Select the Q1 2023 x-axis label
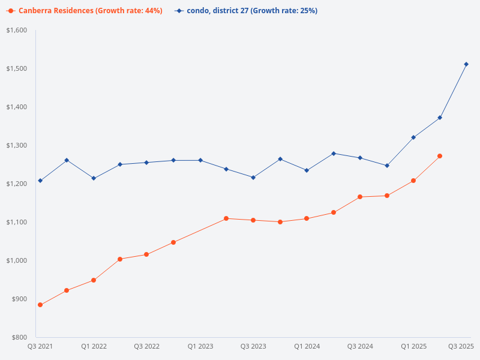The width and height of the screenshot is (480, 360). coord(200,346)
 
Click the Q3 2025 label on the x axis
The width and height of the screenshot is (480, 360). coord(461,346)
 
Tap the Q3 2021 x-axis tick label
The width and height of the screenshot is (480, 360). coord(40,346)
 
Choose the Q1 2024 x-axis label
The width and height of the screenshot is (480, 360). coord(307,346)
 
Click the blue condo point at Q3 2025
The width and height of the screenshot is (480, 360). coord(466,64)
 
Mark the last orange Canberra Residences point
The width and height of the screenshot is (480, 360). coord(440,156)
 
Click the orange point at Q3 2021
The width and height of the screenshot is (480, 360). coord(40,305)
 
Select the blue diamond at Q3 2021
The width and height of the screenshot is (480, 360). coord(40,181)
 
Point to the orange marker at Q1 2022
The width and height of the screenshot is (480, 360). coord(94,280)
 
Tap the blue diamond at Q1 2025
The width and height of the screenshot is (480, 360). coord(413,137)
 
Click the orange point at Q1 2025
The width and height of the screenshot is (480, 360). coord(413,181)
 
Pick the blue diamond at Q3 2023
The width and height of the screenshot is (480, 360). coord(253,178)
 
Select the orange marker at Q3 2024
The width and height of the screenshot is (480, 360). coord(360,197)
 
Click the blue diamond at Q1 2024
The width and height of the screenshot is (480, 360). coord(307,170)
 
